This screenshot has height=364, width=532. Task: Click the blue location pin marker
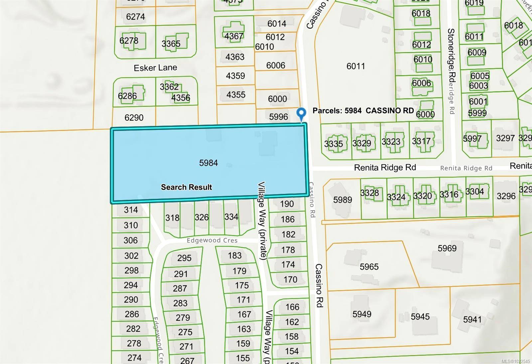pos(301,113)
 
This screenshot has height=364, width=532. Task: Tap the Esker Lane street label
pos(155,68)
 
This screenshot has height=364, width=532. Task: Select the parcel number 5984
pos(208,163)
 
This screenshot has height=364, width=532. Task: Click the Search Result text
pos(186,187)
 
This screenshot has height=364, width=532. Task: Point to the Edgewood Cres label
pos(212,240)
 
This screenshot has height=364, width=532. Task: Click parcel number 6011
pos(355,66)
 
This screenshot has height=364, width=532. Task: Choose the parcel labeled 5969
pos(447,248)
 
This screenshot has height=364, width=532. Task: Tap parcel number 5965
pos(369,267)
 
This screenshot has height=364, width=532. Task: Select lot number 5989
pos(342,200)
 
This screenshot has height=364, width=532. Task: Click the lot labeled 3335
pos(333,144)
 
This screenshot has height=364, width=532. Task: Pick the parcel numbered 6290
pos(134,117)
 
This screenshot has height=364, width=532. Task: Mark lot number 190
pos(287,204)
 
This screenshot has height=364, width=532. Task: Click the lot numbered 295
pos(184,258)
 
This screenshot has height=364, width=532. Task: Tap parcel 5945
pos(420,316)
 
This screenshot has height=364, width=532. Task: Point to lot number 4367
pos(234,36)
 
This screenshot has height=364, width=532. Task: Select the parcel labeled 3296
pos(506,196)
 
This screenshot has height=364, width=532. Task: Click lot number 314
pos(131,210)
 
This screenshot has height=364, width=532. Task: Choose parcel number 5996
pos(279,117)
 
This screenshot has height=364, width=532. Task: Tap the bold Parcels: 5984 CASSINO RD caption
pos(363,110)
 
